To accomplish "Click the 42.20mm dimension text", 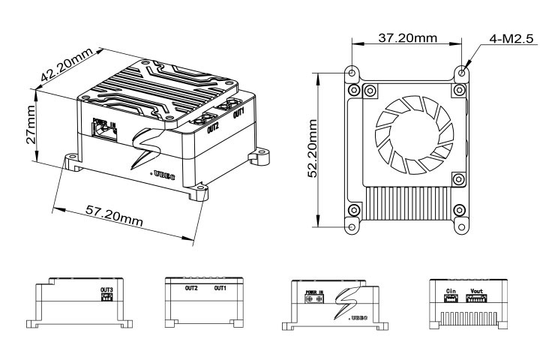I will pos(68,65).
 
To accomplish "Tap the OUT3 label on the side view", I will pos(107,289).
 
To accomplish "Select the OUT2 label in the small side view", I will pos(191,287).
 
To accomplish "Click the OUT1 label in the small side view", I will pos(221,287).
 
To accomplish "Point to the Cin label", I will pos(451,290).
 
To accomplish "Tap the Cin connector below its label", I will pos(451,298).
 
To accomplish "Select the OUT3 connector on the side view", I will pos(107,297).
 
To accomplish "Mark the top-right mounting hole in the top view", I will pos(463,73).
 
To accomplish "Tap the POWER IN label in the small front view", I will pos(313,291).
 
